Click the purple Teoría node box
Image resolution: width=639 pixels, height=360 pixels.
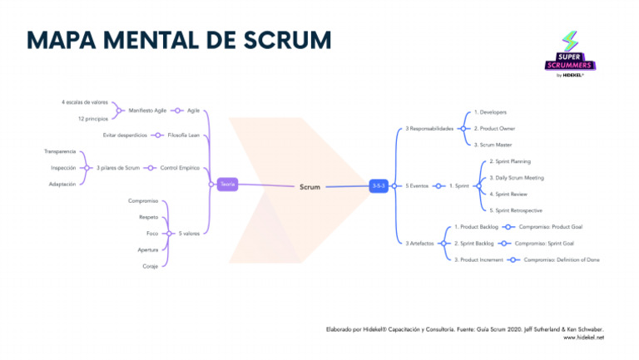click(x=227, y=185)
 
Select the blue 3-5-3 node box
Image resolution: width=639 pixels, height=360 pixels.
click(x=379, y=185)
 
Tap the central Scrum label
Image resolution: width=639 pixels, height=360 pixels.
click(x=310, y=187)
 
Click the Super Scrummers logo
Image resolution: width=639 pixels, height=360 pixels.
click(x=571, y=54)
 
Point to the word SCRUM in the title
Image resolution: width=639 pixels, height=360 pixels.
click(x=282, y=40)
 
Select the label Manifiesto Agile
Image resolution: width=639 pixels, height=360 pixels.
click(x=147, y=110)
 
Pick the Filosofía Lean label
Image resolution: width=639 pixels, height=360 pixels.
click(x=183, y=135)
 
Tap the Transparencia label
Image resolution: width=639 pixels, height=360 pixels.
click(x=60, y=151)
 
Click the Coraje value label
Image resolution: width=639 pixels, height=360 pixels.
click(x=150, y=266)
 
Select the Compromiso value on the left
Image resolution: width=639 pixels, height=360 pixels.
click(x=142, y=201)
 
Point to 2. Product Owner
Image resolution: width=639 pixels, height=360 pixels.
click(x=494, y=128)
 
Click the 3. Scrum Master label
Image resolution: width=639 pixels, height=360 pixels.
click(x=493, y=145)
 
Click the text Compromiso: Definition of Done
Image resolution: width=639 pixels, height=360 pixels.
click(x=562, y=259)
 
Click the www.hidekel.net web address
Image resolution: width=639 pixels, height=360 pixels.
click(x=583, y=338)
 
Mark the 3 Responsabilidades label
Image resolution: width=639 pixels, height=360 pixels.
click(x=429, y=128)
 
